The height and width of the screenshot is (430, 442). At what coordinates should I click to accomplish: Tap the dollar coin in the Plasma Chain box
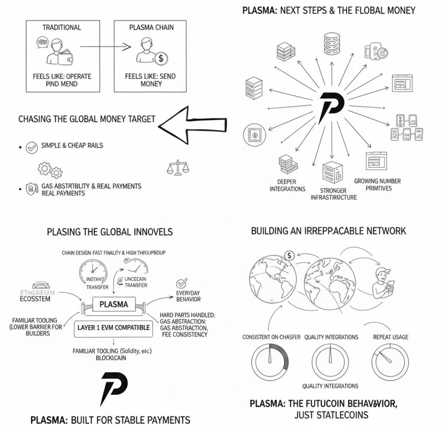click(160, 58)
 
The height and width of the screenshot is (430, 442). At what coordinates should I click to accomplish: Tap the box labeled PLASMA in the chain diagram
click(114, 304)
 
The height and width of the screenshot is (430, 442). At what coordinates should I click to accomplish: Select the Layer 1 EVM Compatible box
click(113, 327)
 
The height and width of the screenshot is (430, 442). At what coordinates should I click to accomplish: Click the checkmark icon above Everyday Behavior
click(182, 284)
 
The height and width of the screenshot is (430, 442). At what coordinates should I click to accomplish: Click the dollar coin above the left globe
click(289, 256)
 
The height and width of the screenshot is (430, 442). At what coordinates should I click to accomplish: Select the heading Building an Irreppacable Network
click(328, 231)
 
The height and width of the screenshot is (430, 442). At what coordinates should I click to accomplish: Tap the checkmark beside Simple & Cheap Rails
click(32, 148)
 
